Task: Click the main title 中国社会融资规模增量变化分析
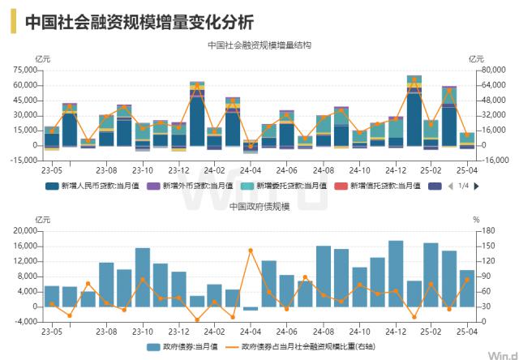click(139, 21)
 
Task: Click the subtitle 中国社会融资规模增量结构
click(259, 45)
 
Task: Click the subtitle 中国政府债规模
click(259, 206)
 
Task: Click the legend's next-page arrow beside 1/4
click(476, 186)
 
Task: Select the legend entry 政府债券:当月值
click(186, 346)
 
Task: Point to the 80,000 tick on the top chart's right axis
click(484, 70)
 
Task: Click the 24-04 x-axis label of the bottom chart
click(251, 331)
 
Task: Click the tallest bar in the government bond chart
click(396, 273)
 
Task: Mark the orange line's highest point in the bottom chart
click(251, 250)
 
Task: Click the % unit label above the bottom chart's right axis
click(476, 219)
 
